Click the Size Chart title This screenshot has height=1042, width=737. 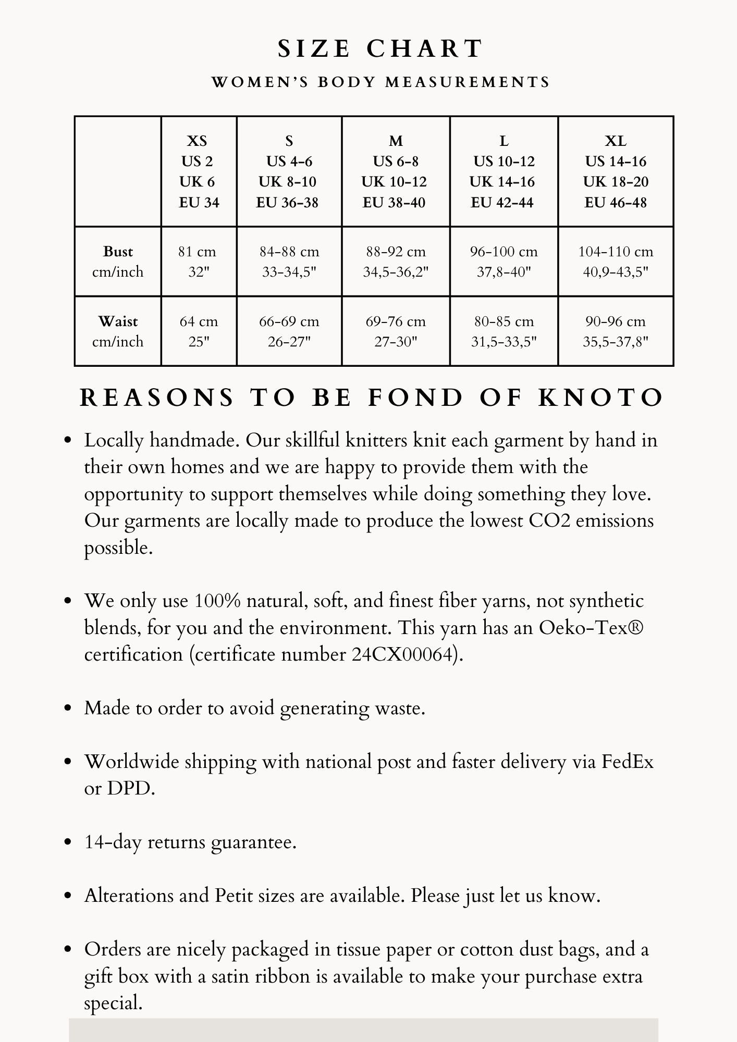pos(380,49)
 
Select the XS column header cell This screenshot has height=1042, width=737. pos(199,171)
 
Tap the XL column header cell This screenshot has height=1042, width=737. pos(616,171)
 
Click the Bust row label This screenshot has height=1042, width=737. pos(118,262)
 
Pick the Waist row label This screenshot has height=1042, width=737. pos(118,331)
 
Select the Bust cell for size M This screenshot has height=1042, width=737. pos(396,262)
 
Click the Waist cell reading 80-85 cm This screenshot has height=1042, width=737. pos(503,331)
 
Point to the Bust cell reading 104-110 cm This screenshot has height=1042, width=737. pos(616,262)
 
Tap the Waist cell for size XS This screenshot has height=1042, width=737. pos(199,331)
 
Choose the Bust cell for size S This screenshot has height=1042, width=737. pos(289,262)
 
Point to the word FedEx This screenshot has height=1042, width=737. pos(628,762)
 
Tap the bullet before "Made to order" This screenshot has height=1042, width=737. pos(67,709)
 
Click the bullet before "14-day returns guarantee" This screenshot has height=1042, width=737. pos(67,842)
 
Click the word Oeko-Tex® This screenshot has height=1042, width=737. pos(591,628)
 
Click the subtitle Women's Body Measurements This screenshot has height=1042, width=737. pos(380,82)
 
